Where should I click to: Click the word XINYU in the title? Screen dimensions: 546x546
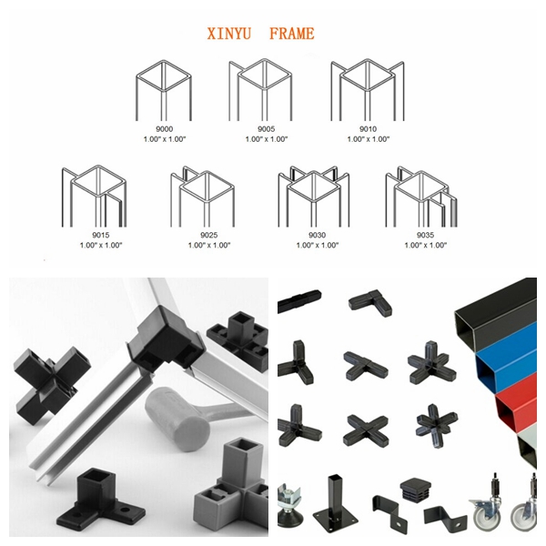click(232, 35)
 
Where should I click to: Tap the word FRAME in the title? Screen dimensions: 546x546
click(291, 35)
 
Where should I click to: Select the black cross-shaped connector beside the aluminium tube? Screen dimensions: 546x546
click(45, 373)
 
